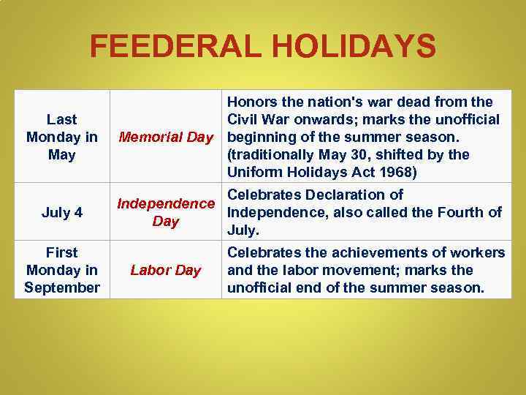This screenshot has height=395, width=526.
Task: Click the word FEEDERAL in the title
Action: click(172, 48)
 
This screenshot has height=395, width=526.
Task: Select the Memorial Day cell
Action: click(166, 136)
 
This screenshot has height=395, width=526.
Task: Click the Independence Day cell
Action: click(166, 212)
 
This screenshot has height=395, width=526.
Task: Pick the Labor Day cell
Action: click(166, 270)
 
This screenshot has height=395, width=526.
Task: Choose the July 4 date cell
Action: click(61, 213)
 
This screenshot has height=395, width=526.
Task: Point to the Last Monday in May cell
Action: click(61, 136)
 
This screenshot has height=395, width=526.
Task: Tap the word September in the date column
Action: click(61, 287)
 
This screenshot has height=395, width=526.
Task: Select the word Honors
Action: click(252, 102)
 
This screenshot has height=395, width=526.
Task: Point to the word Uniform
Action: click(255, 173)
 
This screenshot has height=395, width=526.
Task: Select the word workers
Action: click(479, 252)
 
